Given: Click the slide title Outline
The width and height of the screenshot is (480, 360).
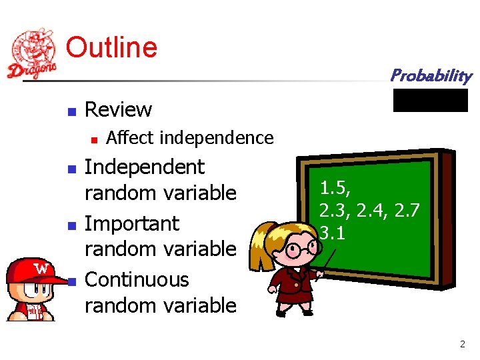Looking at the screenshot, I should (x=111, y=47).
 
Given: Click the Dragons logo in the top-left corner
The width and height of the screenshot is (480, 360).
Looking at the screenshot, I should (x=31, y=54).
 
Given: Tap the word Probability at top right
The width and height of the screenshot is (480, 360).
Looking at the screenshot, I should (x=431, y=75).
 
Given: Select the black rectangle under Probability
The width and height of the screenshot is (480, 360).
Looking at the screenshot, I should (x=430, y=100).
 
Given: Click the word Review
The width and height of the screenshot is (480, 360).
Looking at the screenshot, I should (x=119, y=109).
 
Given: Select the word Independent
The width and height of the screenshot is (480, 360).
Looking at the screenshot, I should (x=145, y=167).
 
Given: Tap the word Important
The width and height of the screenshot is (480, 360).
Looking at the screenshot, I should (x=132, y=223).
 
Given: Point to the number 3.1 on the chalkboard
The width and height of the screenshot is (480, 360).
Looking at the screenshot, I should (x=331, y=233).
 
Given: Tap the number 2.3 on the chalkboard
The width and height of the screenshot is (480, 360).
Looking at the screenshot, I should (x=333, y=211).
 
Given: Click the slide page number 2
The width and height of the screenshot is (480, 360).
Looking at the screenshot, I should (x=462, y=345).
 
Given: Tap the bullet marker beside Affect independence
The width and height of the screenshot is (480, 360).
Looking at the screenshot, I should (x=94, y=139).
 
